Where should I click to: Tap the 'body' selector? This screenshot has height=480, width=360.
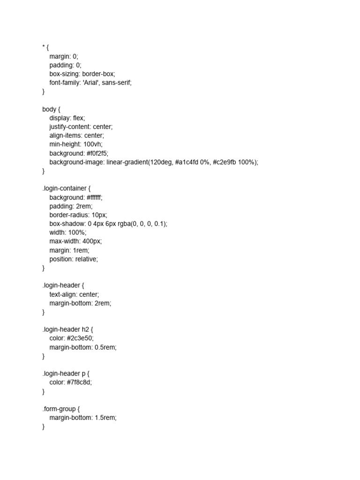tap(49, 109)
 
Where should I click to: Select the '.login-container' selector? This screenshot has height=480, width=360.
tap(64, 188)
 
